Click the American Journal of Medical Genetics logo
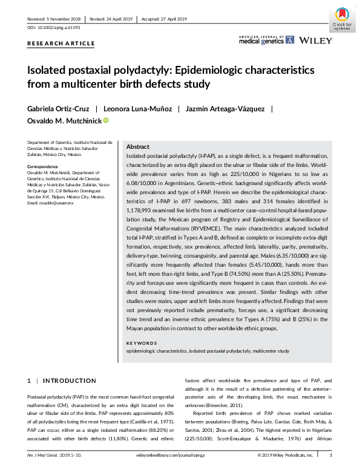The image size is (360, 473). pyautogui.click(x=266, y=40)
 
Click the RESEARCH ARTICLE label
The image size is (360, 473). pyautogui.click(x=61, y=44)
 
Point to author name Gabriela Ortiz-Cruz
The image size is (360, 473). pyautogui.click(x=57, y=109)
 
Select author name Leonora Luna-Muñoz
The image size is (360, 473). pyautogui.click(x=136, y=109)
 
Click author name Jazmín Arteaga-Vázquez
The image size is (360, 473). pyautogui.click(x=225, y=109)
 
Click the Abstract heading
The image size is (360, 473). pyautogui.click(x=138, y=147)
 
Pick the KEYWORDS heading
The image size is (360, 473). pyautogui.click(x=142, y=343)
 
